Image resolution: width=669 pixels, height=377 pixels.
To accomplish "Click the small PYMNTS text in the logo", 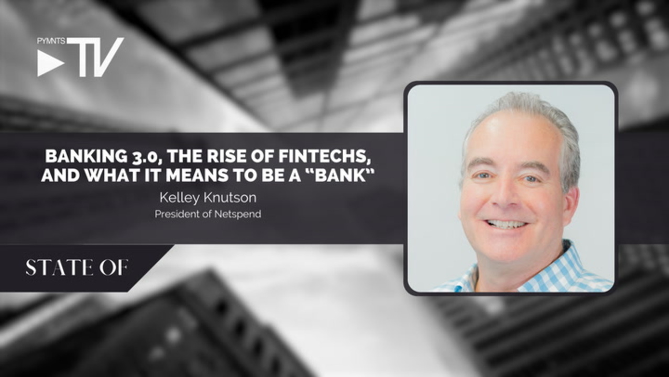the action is point(51,41).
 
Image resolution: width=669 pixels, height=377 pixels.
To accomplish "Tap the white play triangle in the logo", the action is point(50,63).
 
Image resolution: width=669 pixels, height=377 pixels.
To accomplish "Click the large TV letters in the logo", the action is point(95,57).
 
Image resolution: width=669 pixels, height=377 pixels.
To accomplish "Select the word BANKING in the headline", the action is point(86,156).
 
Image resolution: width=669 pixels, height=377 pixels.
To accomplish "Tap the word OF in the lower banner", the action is point(114,268).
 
